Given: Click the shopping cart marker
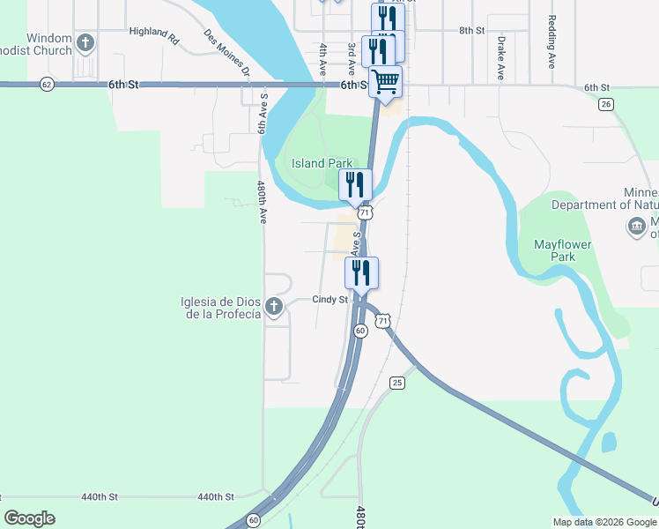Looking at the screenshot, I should coord(385,82).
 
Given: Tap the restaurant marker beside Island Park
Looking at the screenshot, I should coord(355,185).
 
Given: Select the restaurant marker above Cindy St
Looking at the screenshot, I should coord(361,272).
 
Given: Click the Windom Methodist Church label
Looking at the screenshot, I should coord(49,44).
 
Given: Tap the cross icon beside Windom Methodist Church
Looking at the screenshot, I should coord(85,41).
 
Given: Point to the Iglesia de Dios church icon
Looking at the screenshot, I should coord(274,307).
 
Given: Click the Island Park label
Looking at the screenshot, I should coord(322,163).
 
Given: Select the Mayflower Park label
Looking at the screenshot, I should coord(562,250).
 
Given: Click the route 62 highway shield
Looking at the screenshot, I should coord(47,84).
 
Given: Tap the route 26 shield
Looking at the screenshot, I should coord(604,104).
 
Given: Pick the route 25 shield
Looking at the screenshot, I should coord(397,382).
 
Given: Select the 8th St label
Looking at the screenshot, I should coord(471,30).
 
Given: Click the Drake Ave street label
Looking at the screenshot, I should coord(500,58).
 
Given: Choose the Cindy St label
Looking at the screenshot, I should coord(330,300).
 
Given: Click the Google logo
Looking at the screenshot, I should coord(29,518).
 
